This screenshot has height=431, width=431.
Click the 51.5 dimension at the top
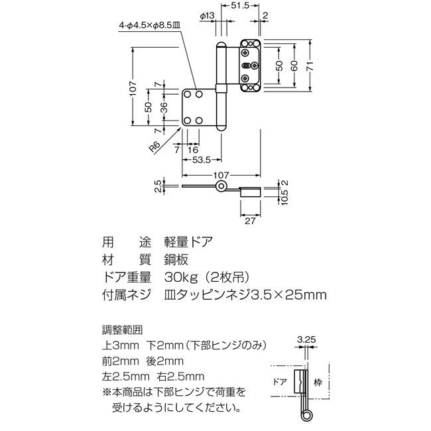pyautogui.click(x=240, y=5)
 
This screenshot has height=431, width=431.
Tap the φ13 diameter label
pyautogui.click(x=207, y=16)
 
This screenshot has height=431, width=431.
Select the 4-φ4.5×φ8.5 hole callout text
pyautogui.click(x=149, y=25)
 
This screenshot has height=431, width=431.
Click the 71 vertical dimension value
pyautogui.click(x=310, y=66)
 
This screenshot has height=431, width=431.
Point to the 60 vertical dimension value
pyautogui.click(x=294, y=66)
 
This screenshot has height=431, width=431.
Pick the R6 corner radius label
pyautogui.click(x=155, y=147)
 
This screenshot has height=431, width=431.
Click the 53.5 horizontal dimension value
pyautogui.click(x=201, y=160)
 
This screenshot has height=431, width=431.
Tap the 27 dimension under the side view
pyautogui.click(x=250, y=221)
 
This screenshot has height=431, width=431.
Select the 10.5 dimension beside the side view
pyautogui.click(x=284, y=198)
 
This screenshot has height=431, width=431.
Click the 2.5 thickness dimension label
pyautogui.click(x=158, y=186)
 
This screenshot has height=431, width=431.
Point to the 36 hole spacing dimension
pyautogui.click(x=163, y=107)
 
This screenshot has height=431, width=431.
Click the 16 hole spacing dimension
pyautogui.click(x=193, y=150)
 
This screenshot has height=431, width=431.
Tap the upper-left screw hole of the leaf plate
pyautogui.click(x=187, y=95)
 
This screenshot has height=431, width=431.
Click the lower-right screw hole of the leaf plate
pyautogui.click(x=199, y=121)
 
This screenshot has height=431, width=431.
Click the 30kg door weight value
pyautogui.click(x=181, y=277)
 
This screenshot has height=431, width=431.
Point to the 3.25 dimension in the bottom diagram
pyautogui.click(x=306, y=339)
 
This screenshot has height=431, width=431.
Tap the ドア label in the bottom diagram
pyautogui.click(x=280, y=382)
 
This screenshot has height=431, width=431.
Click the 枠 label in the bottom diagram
pyautogui.click(x=318, y=383)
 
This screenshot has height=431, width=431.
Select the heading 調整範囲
pyautogui.click(x=122, y=330)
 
